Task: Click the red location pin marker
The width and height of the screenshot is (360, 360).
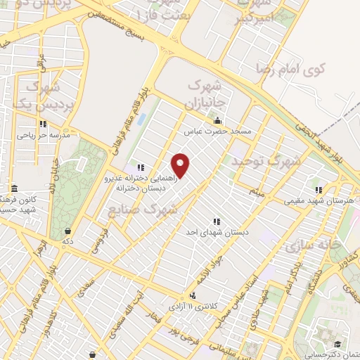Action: coord(181,165)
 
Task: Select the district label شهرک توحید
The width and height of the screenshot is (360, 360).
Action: coord(265,161)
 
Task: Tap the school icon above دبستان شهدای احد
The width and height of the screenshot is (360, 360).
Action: coord(216,221)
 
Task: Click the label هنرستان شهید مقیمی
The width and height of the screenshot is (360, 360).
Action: coord(319,200)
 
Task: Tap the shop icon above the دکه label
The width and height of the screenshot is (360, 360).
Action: coord(67,231)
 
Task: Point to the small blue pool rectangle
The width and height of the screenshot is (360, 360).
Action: coord(141,120)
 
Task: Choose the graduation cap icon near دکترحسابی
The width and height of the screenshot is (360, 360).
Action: coord(338,344)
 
